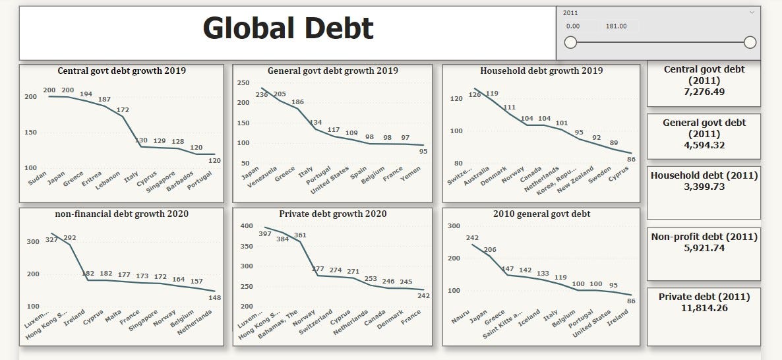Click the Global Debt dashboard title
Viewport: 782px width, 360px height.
[287, 28]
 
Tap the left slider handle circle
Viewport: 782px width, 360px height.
[571, 42]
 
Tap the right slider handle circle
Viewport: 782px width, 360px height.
[750, 42]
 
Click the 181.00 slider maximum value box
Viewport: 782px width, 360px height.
[616, 26]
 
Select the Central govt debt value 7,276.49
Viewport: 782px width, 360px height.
[704, 92]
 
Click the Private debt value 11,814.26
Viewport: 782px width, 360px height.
[704, 307]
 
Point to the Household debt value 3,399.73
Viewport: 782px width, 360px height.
[704, 187]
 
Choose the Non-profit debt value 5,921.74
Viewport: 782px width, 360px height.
[704, 248]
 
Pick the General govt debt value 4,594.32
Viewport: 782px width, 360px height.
[704, 145]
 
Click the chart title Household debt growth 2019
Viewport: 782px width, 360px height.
[541, 71]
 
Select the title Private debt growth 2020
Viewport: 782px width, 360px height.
[332, 214]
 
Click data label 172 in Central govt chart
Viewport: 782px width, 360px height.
[123, 109]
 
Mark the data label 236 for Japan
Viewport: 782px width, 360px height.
[243, 95]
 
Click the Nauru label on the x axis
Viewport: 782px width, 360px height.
[460, 320]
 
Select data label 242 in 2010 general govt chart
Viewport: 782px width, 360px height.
[471, 238]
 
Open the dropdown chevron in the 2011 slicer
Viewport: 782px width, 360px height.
[752, 13]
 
